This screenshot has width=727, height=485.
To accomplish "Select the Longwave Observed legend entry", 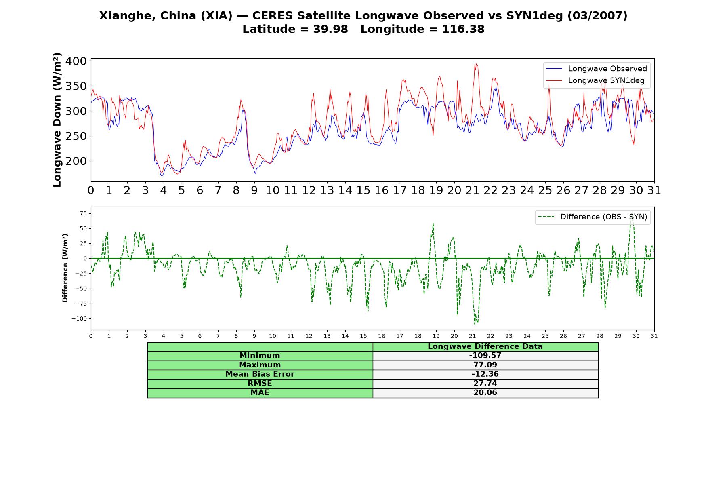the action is [597, 69].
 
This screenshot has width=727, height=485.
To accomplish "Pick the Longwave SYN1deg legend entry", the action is [595, 80].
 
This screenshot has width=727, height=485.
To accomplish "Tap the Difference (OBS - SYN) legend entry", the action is [593, 217].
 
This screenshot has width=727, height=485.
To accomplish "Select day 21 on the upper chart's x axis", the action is [472, 190].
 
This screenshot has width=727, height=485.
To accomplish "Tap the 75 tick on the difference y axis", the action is [83, 213].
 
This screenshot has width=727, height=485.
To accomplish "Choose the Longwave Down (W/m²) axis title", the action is [57, 120].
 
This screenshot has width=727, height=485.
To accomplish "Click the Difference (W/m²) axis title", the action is [65, 268].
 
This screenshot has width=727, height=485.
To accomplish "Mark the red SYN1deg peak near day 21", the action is [475, 64].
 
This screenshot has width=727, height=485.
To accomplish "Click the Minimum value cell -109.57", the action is [485, 356].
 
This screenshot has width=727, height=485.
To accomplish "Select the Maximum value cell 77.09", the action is [485, 365].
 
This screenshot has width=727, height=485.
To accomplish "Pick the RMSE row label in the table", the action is [260, 384].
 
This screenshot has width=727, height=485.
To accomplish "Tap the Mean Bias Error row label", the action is [260, 374].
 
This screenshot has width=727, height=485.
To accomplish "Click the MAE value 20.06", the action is [485, 393].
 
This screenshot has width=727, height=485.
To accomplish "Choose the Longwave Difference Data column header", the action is [485, 346].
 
